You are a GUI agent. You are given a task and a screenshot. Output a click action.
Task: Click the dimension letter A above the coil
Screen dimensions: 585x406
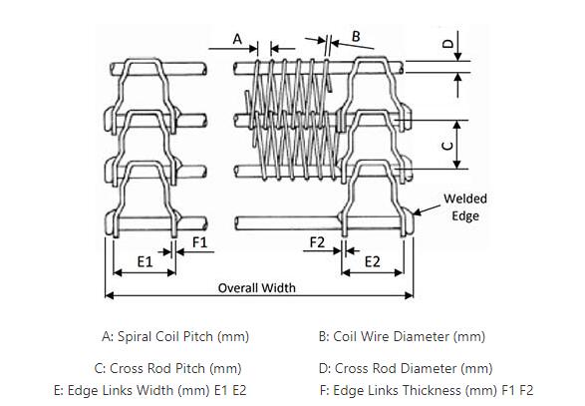[x=237, y=39]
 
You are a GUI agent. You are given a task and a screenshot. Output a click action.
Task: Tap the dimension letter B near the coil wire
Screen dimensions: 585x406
[x=356, y=36]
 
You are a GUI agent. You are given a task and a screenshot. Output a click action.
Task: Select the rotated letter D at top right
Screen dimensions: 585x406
[x=447, y=44]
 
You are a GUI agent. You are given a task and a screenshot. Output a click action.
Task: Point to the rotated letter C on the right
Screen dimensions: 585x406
[x=447, y=145]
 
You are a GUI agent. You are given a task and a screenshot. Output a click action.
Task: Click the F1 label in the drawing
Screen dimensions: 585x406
[x=199, y=242]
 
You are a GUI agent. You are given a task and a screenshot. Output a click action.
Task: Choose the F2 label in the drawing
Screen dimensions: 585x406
[x=317, y=242]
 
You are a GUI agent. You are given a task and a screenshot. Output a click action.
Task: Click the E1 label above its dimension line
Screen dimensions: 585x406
[x=146, y=261]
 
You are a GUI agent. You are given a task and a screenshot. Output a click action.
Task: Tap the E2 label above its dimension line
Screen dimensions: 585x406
[x=373, y=261]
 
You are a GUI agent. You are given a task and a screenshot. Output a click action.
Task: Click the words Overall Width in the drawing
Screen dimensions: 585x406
[x=257, y=288]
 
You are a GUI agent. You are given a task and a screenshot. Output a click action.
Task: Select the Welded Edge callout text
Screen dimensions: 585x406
[x=465, y=207]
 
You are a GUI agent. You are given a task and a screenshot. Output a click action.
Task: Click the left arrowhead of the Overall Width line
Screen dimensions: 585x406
[x=109, y=296]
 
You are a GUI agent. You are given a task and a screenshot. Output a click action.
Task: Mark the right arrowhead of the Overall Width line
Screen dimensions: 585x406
[x=410, y=296]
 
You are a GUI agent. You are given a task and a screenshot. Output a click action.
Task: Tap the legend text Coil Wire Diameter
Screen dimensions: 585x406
[x=391, y=336]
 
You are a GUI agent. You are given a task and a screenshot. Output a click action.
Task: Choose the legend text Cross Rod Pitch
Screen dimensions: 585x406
[x=157, y=369]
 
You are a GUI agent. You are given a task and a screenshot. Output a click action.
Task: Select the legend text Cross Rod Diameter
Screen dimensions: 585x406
[x=396, y=369]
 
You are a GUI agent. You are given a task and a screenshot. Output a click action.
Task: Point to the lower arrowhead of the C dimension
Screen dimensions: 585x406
[x=457, y=165]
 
